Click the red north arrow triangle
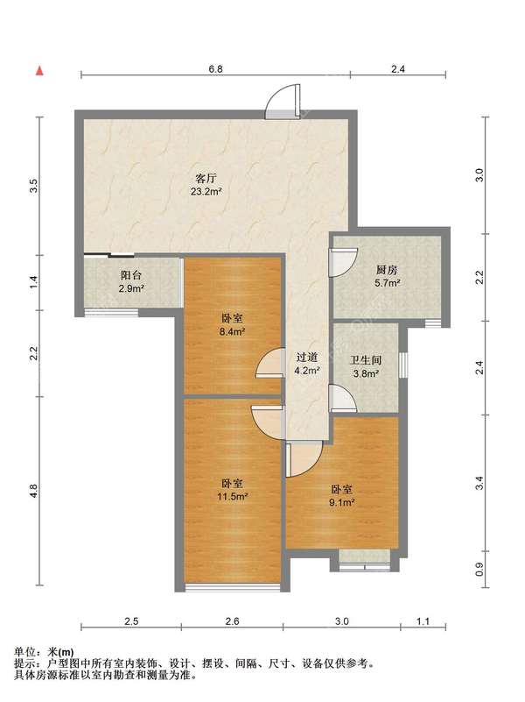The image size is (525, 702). tap(39, 71)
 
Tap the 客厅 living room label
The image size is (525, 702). tap(206, 178)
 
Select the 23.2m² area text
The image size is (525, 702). tap(206, 192)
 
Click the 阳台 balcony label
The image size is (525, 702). tap(131, 275)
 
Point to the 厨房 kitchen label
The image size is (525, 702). tap(387, 270)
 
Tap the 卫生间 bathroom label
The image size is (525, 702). tap(366, 360)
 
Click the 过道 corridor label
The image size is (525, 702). tap(307, 358)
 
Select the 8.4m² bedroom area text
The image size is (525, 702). tap(233, 332)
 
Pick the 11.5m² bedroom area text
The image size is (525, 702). tap(233, 497)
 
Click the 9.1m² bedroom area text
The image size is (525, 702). tap(342, 502)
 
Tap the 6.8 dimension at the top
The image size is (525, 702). tap(215, 69)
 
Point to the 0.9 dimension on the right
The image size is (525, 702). tap(479, 569)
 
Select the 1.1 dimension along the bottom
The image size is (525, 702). tap(423, 621)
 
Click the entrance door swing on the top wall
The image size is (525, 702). tap(283, 102)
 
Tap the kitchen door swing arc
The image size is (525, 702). tap(343, 263)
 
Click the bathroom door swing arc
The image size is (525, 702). tap(343, 398)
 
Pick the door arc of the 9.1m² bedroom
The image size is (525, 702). tap(304, 458)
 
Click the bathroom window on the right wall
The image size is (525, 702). tap(403, 365)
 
